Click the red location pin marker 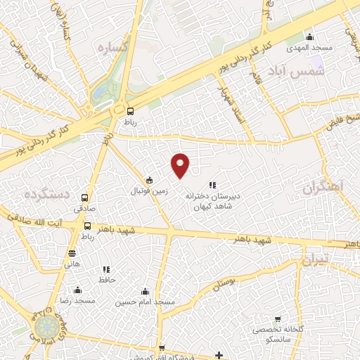pos(181,165)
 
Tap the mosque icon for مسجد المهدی pos(310,37)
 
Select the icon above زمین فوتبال pos(149,180)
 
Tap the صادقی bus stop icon pos(85,198)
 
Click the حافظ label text pos(107,279)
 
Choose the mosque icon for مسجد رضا pos(77,290)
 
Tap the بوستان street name pos(221,283)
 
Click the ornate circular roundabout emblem pos(48,326)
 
